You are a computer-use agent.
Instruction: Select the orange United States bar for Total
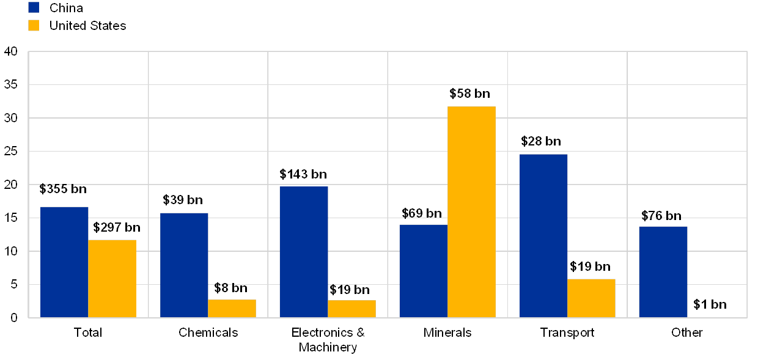point(112,278)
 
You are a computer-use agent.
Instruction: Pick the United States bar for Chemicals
point(232,308)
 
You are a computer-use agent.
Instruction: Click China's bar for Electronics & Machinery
point(304,252)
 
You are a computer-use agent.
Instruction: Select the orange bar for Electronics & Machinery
point(351,309)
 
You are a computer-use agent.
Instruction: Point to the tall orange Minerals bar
point(471,211)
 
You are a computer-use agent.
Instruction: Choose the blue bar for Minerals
point(423,271)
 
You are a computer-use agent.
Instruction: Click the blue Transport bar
point(543,235)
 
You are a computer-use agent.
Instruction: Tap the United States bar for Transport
point(591,298)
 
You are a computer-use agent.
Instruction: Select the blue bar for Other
point(663,271)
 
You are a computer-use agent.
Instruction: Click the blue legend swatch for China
point(34,8)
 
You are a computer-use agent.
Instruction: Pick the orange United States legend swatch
point(34,26)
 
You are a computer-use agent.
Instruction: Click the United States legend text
point(88,26)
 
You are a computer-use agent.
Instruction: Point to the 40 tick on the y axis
point(11,51)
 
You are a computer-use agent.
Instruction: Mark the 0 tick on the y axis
point(13,317)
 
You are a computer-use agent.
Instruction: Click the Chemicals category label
point(208,333)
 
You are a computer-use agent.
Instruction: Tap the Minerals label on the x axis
point(448,333)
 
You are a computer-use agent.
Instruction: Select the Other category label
point(687,333)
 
